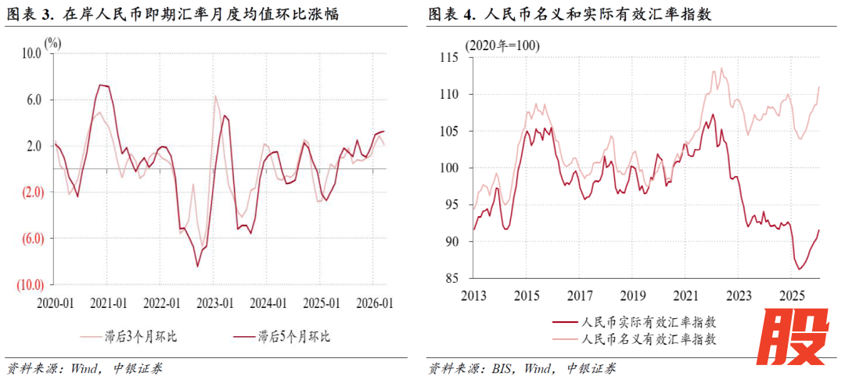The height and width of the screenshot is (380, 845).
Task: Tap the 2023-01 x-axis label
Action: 215,302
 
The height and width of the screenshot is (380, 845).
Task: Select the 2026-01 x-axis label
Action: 373,302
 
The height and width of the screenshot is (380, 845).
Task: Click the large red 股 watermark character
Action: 796,338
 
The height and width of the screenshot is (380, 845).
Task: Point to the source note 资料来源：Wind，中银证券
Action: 85,367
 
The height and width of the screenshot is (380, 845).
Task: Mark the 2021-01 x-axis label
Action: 110,302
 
